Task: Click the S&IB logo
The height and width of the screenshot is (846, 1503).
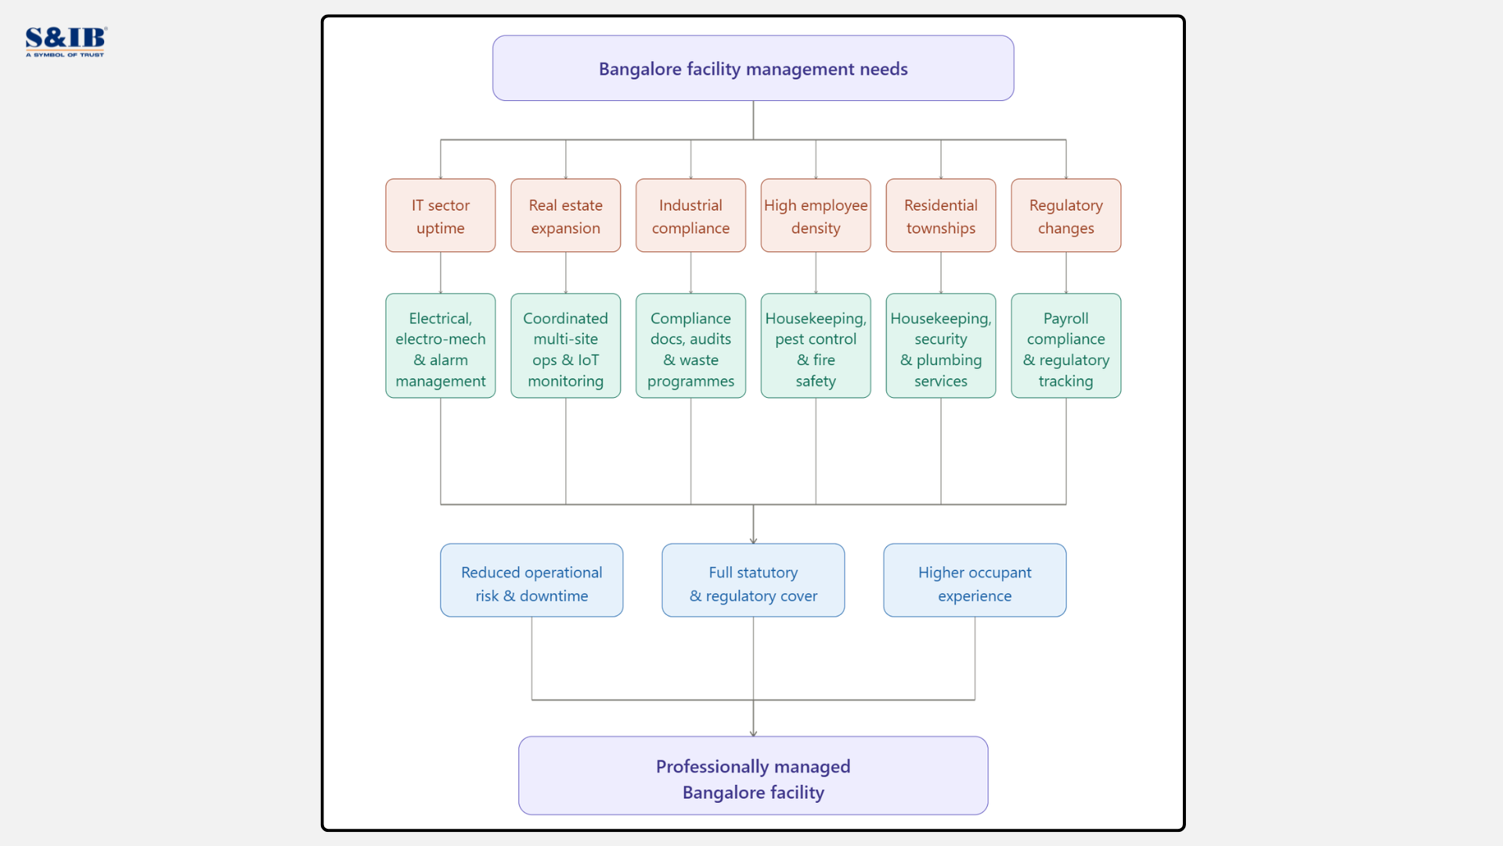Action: [x=66, y=42]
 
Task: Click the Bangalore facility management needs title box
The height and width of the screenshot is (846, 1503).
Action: [x=753, y=68]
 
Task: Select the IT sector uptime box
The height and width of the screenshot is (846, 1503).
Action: [x=440, y=215]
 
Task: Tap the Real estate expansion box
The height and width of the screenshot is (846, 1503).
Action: [x=565, y=215]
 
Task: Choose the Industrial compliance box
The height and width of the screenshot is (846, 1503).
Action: [x=690, y=215]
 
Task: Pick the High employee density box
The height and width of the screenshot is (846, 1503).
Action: [x=816, y=215]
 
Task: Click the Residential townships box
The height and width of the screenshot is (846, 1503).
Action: [x=941, y=215]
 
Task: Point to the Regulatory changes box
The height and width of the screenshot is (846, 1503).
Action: [x=1065, y=215]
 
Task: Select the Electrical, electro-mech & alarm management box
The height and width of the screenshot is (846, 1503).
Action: [x=440, y=345]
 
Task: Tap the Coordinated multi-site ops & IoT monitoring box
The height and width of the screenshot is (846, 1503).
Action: [x=565, y=345]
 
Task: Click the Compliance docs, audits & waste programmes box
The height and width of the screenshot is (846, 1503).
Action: [x=690, y=345]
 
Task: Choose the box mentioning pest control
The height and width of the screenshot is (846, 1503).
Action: [x=816, y=345]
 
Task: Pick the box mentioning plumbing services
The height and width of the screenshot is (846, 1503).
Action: [x=941, y=345]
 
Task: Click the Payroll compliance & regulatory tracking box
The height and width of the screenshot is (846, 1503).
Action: [x=1065, y=345]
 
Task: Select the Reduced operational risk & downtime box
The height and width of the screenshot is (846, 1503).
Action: [x=532, y=580]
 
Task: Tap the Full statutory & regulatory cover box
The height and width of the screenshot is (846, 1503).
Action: [x=753, y=580]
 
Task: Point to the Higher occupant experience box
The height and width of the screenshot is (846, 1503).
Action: [x=975, y=580]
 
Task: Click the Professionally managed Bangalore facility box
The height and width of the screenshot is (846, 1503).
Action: [x=753, y=775]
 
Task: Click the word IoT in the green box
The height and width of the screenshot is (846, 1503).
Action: [x=588, y=360]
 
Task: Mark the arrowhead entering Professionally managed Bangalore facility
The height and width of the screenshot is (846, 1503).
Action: [x=753, y=733]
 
